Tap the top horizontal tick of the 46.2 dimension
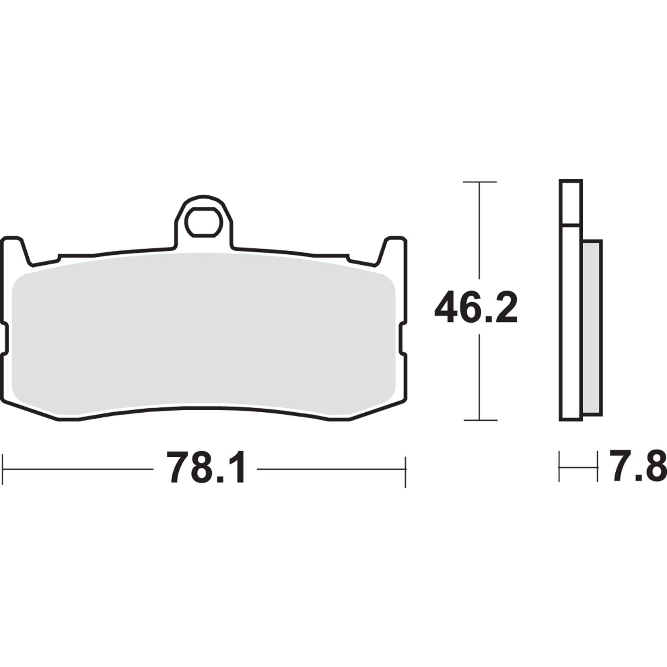[480, 182]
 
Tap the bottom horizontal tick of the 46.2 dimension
[480, 420]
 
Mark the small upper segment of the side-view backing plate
[571, 203]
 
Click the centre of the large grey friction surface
[203, 333]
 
